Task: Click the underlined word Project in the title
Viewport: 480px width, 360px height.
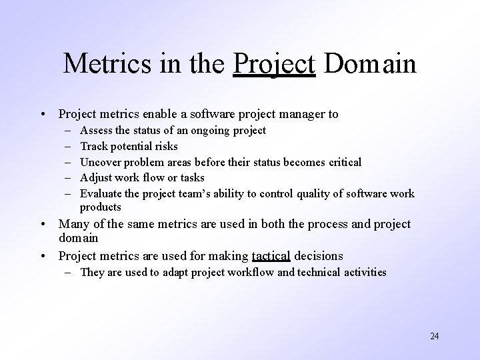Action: (274, 65)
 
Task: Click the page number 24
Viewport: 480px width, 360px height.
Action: (434, 336)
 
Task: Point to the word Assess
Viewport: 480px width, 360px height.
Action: (97, 130)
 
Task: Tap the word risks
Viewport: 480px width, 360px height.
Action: (164, 146)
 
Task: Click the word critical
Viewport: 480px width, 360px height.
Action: (341, 162)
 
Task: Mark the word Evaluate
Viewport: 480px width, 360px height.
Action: (101, 194)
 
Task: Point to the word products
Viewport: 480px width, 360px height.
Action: (101, 207)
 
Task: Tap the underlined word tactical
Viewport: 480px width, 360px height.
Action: (271, 255)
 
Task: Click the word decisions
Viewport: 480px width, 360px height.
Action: (319, 255)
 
